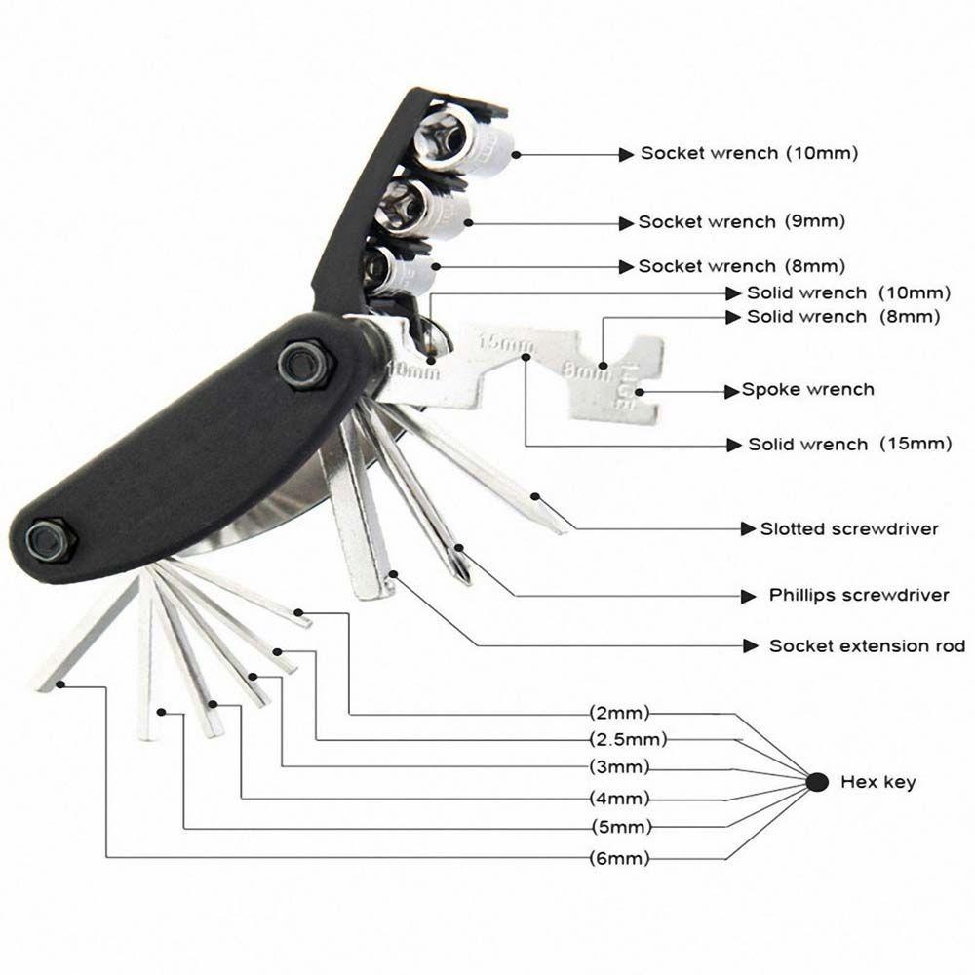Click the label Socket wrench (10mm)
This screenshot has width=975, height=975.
[749, 154]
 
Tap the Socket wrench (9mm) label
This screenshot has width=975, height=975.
[741, 222]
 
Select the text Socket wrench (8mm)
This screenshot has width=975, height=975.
[741, 266]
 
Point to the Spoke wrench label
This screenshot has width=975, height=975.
[807, 390]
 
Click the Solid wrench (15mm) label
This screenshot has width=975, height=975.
[848, 445]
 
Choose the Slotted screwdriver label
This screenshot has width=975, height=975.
[848, 529]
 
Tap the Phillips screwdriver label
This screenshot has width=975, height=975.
[858, 595]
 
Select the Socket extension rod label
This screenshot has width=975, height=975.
[867, 646]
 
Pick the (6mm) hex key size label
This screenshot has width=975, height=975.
[619, 858]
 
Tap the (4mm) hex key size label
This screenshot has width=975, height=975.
[619, 799]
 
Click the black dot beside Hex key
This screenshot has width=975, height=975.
[818, 781]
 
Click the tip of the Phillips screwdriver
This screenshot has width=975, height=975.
[464, 575]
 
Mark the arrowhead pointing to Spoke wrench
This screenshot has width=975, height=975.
[732, 391]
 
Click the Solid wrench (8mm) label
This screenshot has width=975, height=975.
[842, 317]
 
